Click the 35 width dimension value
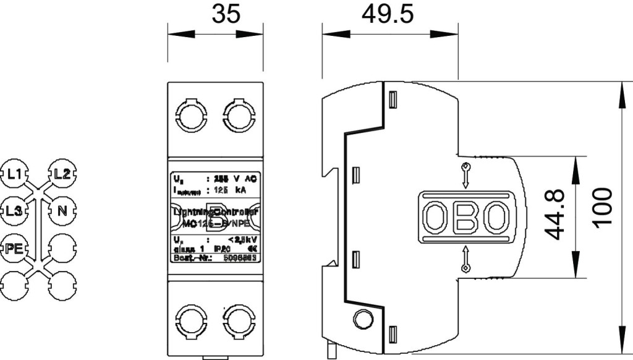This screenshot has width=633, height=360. click(x=225, y=15)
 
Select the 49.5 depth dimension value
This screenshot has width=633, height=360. click(x=388, y=15)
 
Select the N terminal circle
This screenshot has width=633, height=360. click(x=61, y=210)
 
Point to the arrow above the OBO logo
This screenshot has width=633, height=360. click(x=465, y=175)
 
